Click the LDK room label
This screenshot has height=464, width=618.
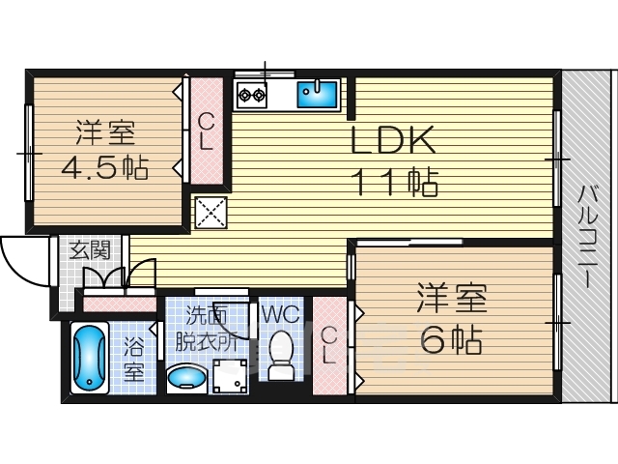(393, 140)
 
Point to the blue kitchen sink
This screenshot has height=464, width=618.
(317, 94)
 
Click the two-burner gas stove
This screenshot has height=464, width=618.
(252, 95)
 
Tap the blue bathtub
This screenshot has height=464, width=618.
(89, 359)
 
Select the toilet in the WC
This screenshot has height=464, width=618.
(281, 355)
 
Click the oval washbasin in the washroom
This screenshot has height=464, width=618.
(186, 377)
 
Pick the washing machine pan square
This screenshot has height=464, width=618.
(230, 376)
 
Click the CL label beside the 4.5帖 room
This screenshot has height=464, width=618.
(206, 131)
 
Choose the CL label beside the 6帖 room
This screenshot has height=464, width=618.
(328, 346)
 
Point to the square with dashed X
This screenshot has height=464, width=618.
(211, 213)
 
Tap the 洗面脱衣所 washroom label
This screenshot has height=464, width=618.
(206, 329)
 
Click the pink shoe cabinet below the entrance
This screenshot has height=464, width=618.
(120, 304)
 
